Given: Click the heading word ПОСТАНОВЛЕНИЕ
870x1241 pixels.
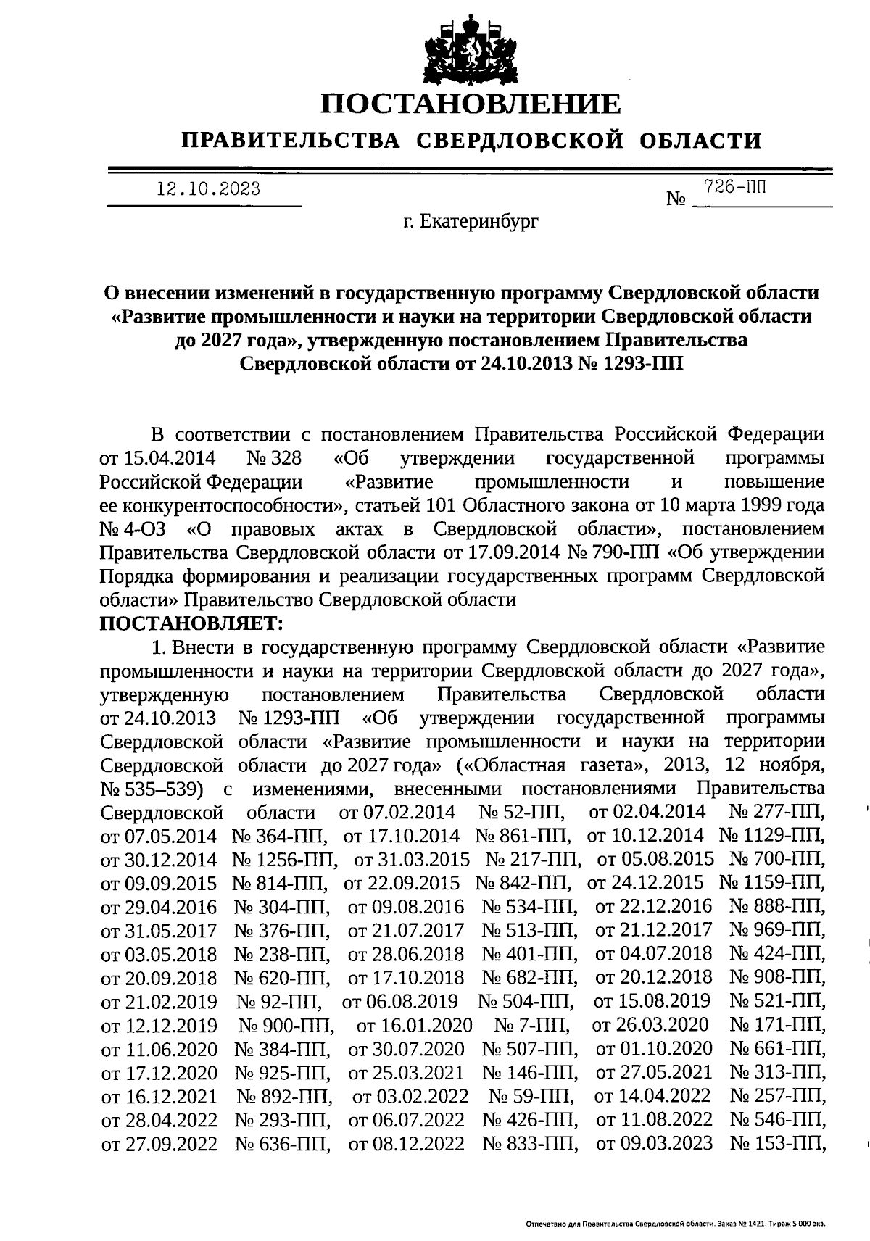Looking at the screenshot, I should (x=471, y=104).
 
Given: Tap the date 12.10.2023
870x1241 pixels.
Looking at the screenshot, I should (x=209, y=190).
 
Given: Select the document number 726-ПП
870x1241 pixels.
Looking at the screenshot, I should (x=734, y=188).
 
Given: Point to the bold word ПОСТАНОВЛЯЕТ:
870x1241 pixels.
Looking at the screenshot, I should (x=191, y=623).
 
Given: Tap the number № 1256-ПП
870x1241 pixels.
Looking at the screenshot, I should (x=284, y=860).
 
